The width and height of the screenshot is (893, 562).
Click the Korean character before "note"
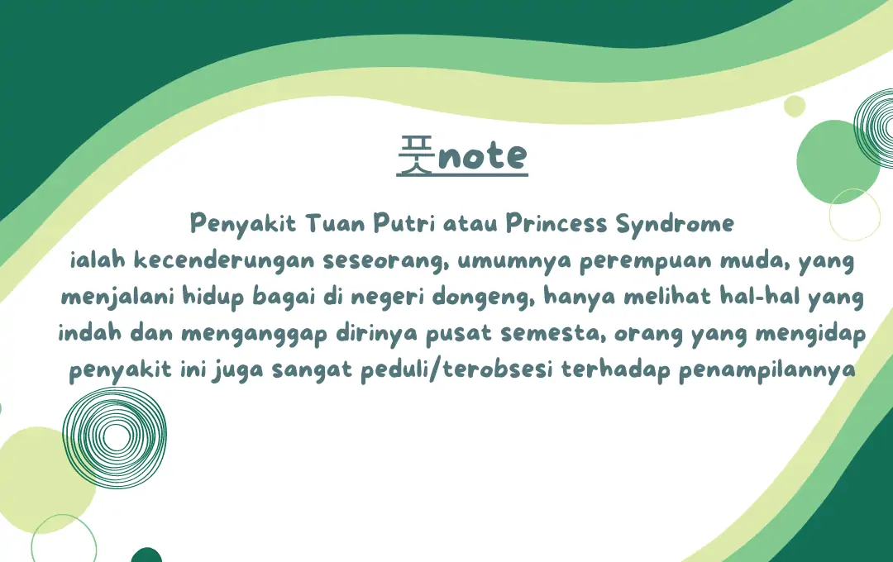416,156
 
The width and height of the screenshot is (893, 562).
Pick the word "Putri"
403,223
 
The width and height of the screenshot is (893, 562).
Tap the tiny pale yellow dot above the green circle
795,106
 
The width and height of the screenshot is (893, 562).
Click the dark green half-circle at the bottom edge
146,555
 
